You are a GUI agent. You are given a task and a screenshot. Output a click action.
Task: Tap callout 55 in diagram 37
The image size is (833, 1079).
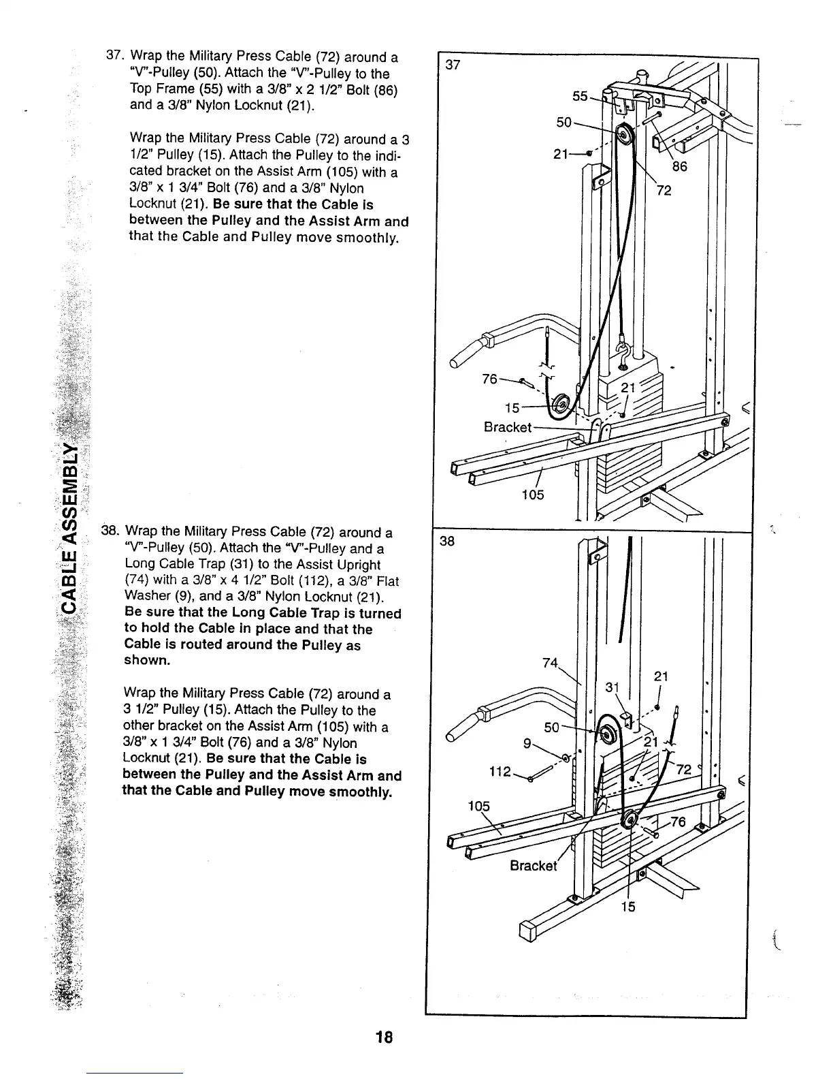pyautogui.click(x=580, y=97)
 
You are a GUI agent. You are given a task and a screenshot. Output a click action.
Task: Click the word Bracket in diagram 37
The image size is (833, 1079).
pyautogui.click(x=507, y=427)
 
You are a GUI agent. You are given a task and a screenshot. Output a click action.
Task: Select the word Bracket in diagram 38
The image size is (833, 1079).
pyautogui.click(x=534, y=866)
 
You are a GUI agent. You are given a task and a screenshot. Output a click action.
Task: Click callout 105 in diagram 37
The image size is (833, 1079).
pyautogui.click(x=533, y=495)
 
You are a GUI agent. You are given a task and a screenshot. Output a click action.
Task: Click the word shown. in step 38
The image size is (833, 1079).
pyautogui.click(x=146, y=661)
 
